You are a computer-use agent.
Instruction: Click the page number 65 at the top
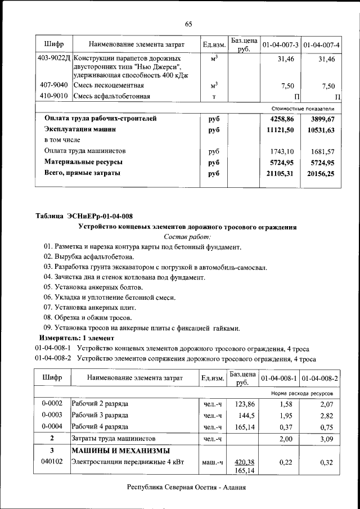[x=188, y=24]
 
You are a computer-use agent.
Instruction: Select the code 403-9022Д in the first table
[x=54, y=58]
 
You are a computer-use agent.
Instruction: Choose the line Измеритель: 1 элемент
[x=76, y=338]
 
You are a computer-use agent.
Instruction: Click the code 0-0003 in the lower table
[x=52, y=415]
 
